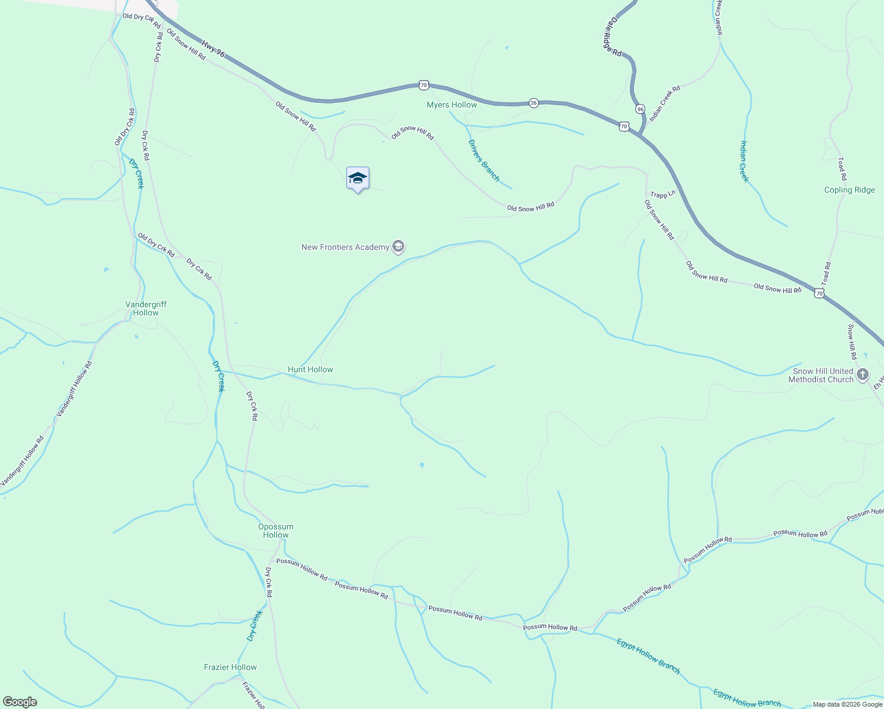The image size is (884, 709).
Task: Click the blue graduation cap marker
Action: (357, 178)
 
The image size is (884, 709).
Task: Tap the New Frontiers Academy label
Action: (345, 247)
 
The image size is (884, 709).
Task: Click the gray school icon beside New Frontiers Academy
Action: (398, 247)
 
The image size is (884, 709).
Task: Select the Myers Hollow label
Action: (451, 105)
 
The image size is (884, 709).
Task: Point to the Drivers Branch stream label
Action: (484, 160)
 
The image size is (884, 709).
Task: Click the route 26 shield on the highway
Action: (534, 103)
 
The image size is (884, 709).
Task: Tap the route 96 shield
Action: (640, 109)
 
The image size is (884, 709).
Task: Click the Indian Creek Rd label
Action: (665, 103)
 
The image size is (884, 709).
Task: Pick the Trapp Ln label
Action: (662, 194)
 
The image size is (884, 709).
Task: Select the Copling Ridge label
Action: (849, 190)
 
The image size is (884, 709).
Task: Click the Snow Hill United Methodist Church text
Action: (821, 375)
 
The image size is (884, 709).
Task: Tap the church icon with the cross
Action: (863, 375)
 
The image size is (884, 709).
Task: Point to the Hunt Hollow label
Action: (310, 369)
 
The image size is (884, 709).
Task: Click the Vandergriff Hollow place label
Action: (146, 308)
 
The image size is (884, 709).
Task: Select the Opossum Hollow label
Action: (275, 531)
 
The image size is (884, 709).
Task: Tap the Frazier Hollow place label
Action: (230, 667)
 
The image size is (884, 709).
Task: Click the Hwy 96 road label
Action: (213, 48)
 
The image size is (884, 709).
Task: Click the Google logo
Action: (20, 702)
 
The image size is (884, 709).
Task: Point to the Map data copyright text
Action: (847, 704)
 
